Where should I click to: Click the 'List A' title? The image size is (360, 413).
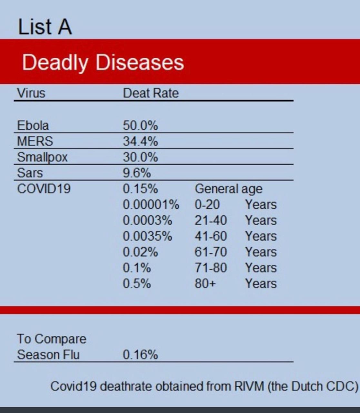click(x=45, y=26)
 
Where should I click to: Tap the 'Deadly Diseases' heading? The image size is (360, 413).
click(x=103, y=62)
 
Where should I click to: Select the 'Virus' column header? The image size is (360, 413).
click(x=31, y=93)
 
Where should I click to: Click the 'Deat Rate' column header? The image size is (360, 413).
click(x=151, y=93)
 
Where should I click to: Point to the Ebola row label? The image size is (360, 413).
click(x=33, y=126)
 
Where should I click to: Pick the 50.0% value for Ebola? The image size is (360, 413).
click(x=140, y=126)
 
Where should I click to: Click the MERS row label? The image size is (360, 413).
click(x=35, y=142)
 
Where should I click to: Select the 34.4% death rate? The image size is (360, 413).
click(x=140, y=142)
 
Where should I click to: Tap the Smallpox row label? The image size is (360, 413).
click(x=42, y=157)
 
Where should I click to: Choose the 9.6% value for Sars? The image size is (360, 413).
click(x=137, y=173)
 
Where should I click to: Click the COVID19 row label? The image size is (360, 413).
click(x=44, y=189)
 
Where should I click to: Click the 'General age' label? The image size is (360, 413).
click(x=228, y=189)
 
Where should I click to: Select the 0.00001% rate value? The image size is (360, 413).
click(x=151, y=205)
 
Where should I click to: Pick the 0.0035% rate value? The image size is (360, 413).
click(x=147, y=236)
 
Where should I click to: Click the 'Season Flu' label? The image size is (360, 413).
click(x=48, y=355)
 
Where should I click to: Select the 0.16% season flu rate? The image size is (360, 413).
click(x=140, y=355)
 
